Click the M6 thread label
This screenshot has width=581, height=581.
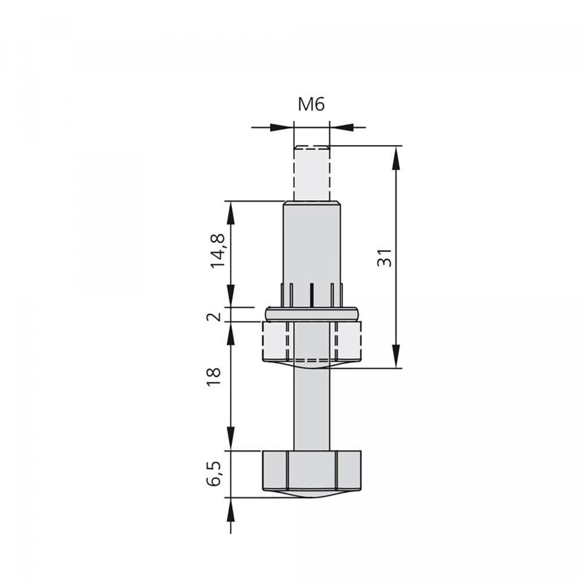click(311, 105)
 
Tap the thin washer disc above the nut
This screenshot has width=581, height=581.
click(312, 314)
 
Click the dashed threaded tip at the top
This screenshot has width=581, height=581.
click(312, 173)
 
